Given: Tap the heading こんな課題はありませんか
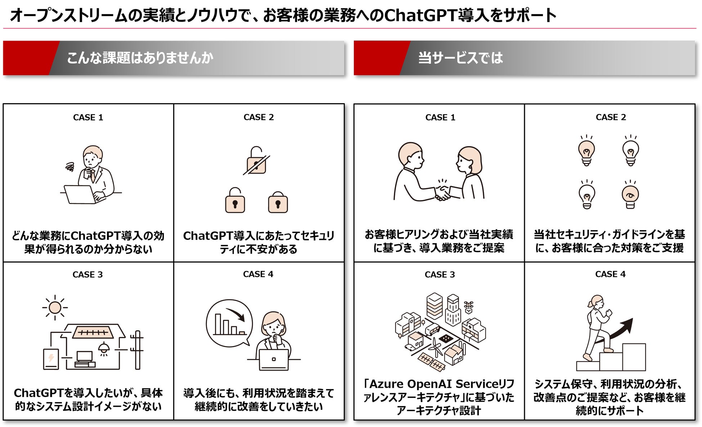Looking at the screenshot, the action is click(140, 58).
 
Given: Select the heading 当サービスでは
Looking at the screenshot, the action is click(460, 58).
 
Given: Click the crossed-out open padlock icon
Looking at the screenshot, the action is click(256, 162).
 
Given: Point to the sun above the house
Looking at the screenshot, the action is click(55, 308).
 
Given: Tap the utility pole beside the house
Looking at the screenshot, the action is click(137, 350).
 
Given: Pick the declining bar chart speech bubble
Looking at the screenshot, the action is click(229, 323).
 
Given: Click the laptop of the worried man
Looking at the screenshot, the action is click(80, 195).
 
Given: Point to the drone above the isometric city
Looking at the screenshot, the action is click(468, 306).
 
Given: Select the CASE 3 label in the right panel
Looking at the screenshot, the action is click(440, 274).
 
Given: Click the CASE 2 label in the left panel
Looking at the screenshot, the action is click(258, 117).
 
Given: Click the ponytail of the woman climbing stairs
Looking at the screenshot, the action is click(590, 304).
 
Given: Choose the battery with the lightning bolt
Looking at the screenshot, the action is click(51, 359).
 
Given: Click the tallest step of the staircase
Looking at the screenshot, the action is click(634, 357).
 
